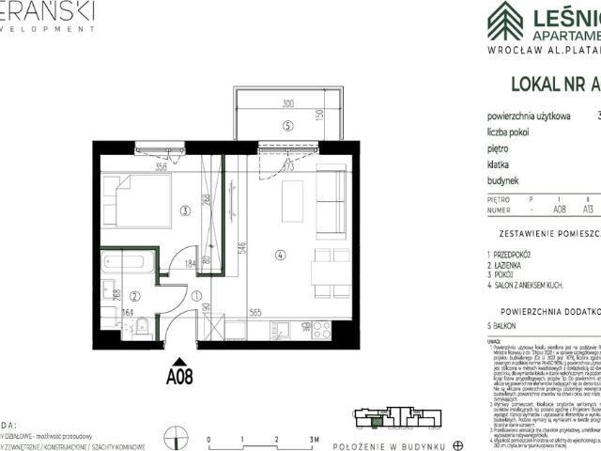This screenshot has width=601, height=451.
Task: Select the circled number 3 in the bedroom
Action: tap(186, 210)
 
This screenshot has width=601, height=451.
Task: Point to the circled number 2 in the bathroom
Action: tap(133, 295)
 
